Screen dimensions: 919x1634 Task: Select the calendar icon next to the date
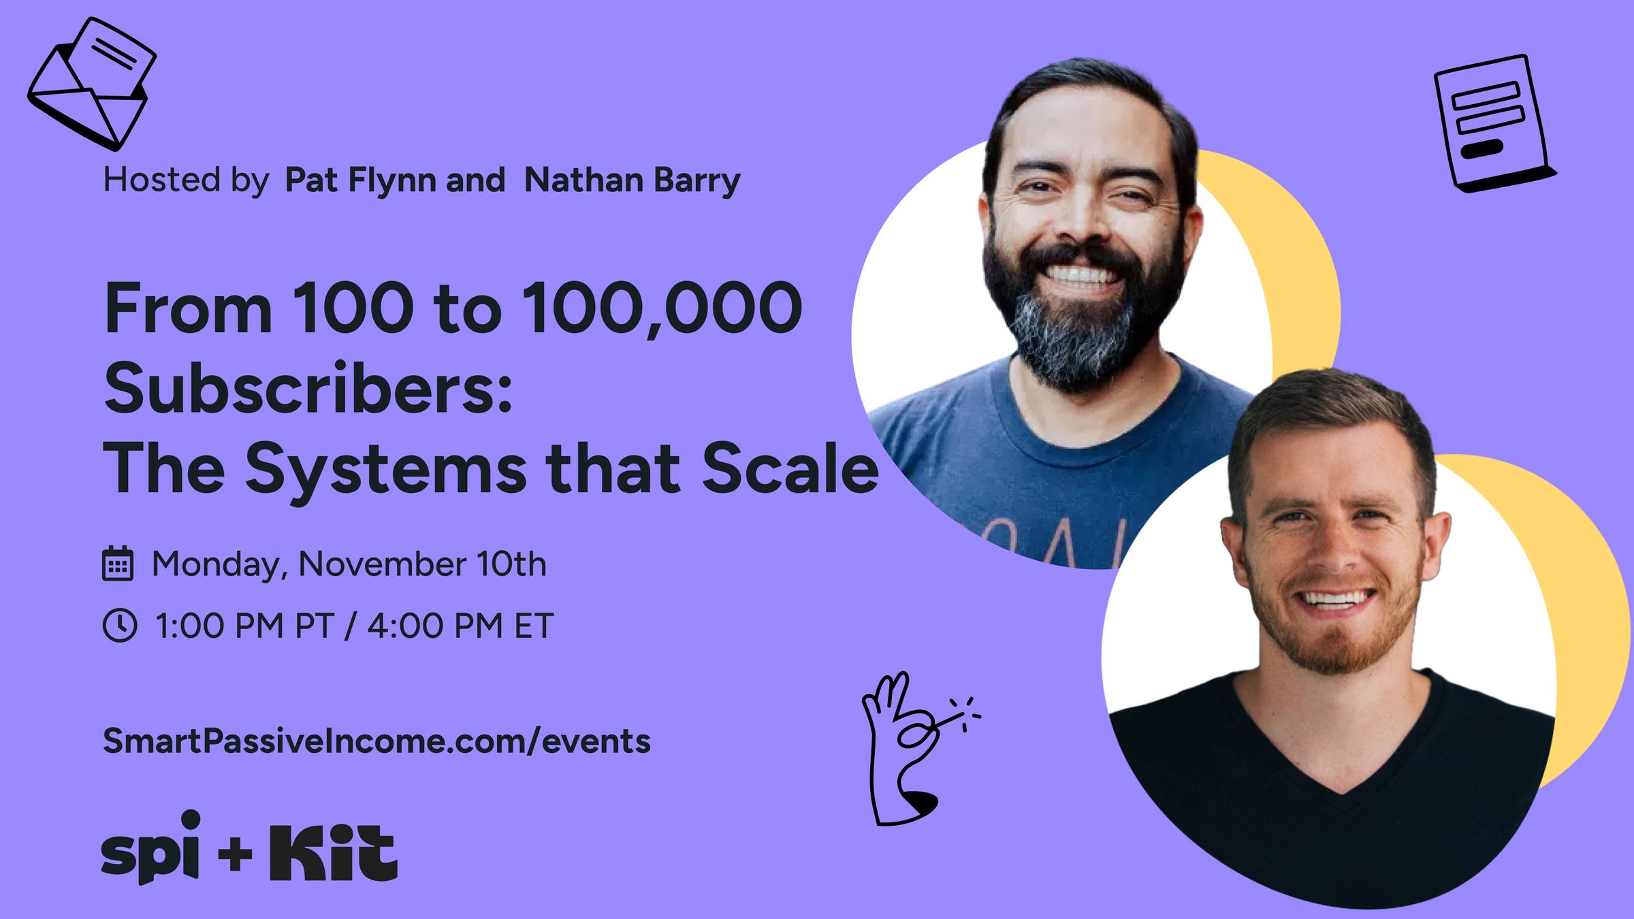(118, 564)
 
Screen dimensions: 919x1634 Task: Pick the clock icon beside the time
(120, 625)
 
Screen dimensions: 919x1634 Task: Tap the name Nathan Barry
(632, 180)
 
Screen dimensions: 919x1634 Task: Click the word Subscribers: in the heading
(308, 388)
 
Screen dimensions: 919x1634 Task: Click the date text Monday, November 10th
(349, 564)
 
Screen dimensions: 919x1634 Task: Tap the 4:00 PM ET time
(460, 626)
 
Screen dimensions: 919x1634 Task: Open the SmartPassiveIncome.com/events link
(377, 741)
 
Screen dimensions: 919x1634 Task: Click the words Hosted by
(185, 180)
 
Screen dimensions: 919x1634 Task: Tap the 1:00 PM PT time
(244, 626)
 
